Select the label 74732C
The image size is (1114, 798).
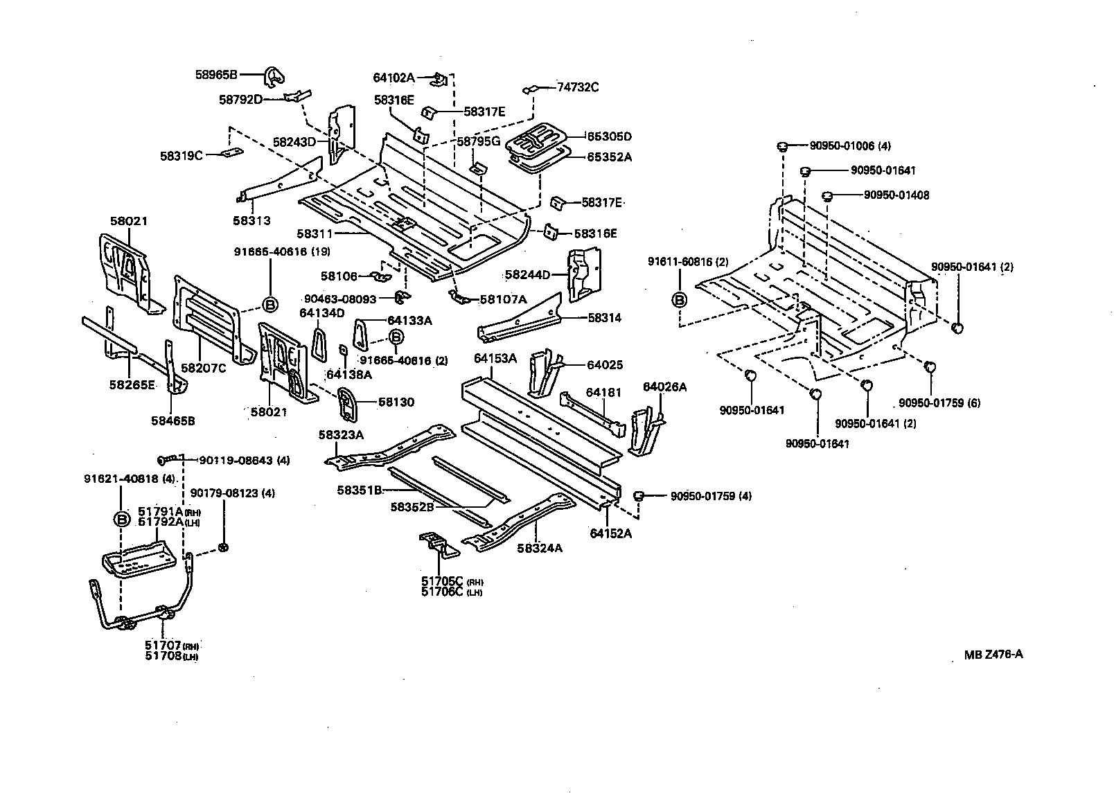(578, 87)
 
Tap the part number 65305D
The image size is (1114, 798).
(610, 136)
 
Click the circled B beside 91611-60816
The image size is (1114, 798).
(680, 299)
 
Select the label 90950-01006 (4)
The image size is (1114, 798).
(850, 146)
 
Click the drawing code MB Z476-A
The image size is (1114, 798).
(993, 654)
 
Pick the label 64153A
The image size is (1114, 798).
(495, 358)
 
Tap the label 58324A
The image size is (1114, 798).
(539, 548)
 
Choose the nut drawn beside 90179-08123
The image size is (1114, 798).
(224, 548)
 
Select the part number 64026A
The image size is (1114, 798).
(664, 387)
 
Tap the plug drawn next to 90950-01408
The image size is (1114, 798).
(826, 196)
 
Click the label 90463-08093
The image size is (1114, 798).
(340, 299)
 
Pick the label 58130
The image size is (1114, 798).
(396, 402)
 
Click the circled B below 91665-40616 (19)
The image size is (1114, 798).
(270, 304)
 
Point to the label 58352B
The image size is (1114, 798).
(412, 506)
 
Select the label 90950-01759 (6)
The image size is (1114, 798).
(939, 402)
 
